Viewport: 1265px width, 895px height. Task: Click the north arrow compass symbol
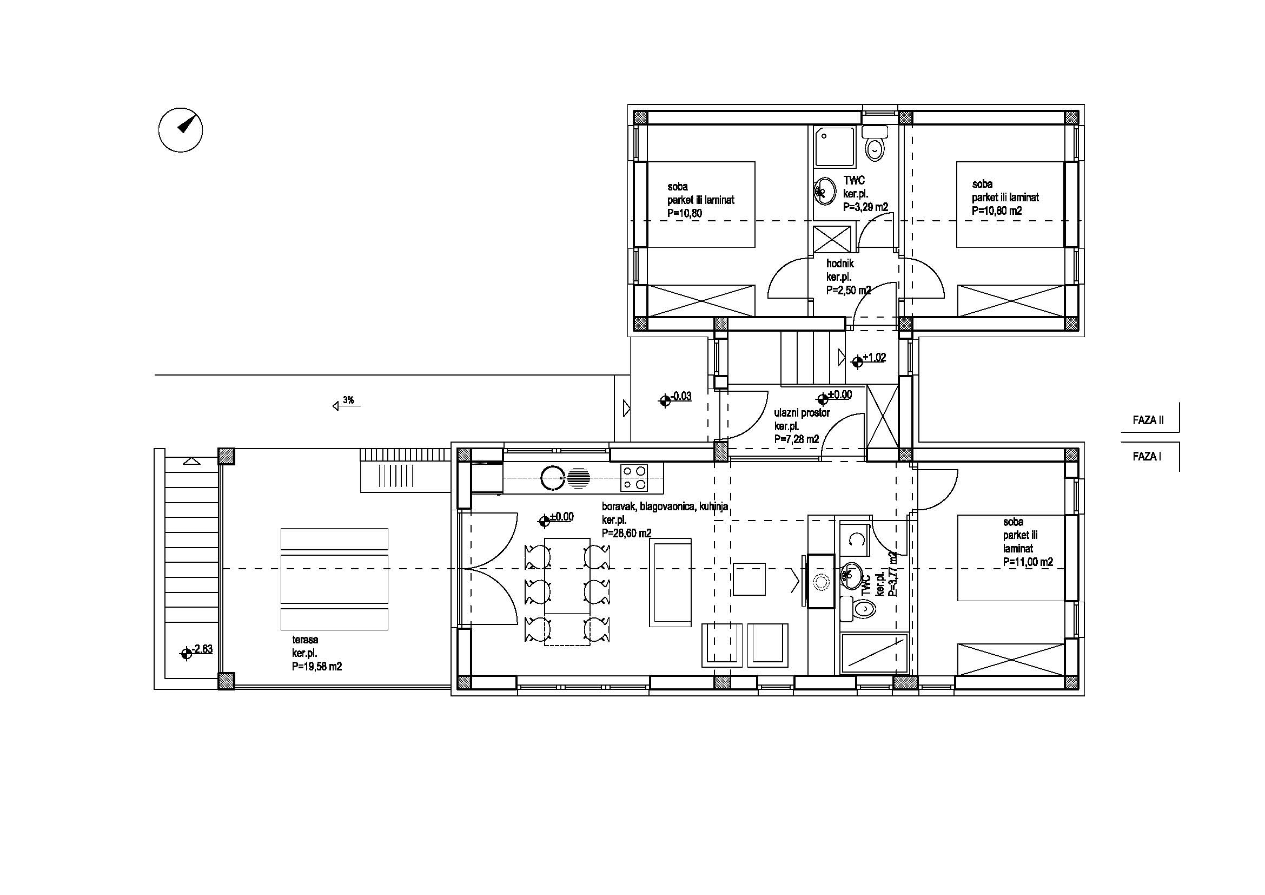click(x=181, y=130)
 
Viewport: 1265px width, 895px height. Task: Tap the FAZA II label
click(x=1148, y=420)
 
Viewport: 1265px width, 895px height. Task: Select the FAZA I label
click(x=1147, y=456)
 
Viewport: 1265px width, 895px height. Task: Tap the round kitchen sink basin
click(x=553, y=477)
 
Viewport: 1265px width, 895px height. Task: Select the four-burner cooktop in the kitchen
click(x=634, y=478)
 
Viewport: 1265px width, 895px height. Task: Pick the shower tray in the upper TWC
click(x=835, y=147)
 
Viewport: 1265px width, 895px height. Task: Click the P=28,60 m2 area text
click(x=626, y=533)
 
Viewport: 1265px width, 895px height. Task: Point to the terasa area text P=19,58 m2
click(x=317, y=666)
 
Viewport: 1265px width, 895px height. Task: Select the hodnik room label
click(x=840, y=264)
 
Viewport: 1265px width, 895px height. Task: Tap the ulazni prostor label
click(x=802, y=412)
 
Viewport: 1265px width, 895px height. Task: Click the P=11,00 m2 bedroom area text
click(x=1028, y=562)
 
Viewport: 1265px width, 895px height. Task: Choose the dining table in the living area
click(x=567, y=592)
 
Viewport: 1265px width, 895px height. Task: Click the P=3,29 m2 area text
click(x=865, y=207)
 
